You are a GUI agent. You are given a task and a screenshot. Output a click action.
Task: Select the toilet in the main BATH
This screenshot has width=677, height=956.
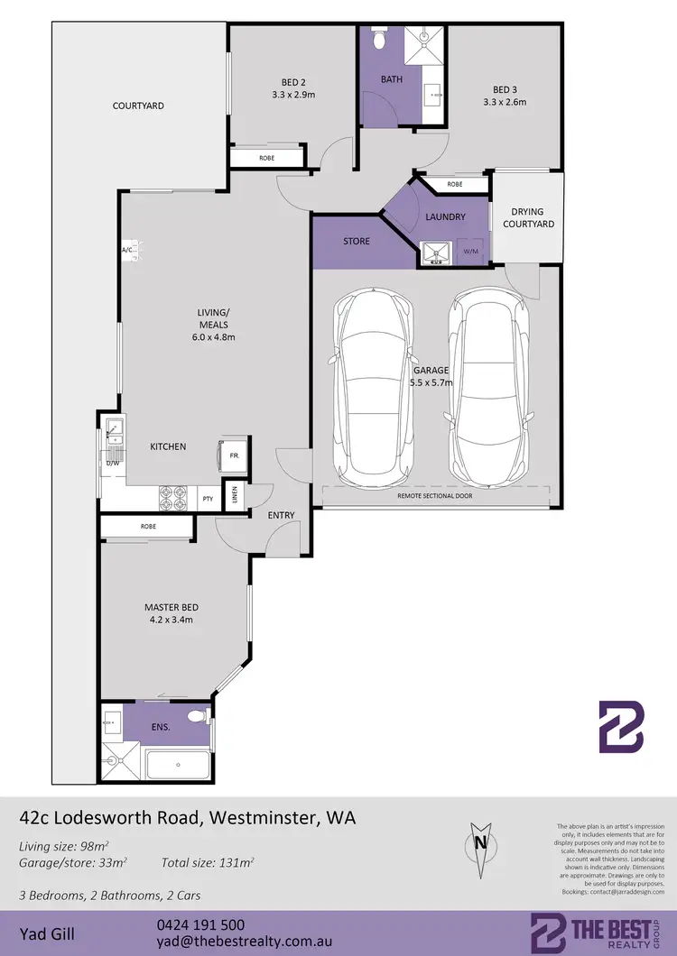tap(379, 41)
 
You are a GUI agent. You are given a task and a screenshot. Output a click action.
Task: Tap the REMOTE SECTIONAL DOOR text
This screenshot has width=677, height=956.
tap(434, 496)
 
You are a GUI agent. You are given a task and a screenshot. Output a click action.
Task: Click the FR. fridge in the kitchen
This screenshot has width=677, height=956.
tap(231, 455)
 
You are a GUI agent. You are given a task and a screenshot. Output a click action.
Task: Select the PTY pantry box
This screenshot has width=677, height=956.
tap(208, 498)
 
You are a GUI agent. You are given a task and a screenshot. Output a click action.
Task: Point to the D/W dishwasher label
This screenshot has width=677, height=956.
tap(113, 463)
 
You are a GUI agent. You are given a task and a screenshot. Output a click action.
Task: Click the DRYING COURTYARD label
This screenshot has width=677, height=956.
tap(528, 217)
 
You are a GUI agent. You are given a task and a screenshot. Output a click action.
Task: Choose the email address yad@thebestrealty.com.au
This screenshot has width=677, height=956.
tap(239, 942)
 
